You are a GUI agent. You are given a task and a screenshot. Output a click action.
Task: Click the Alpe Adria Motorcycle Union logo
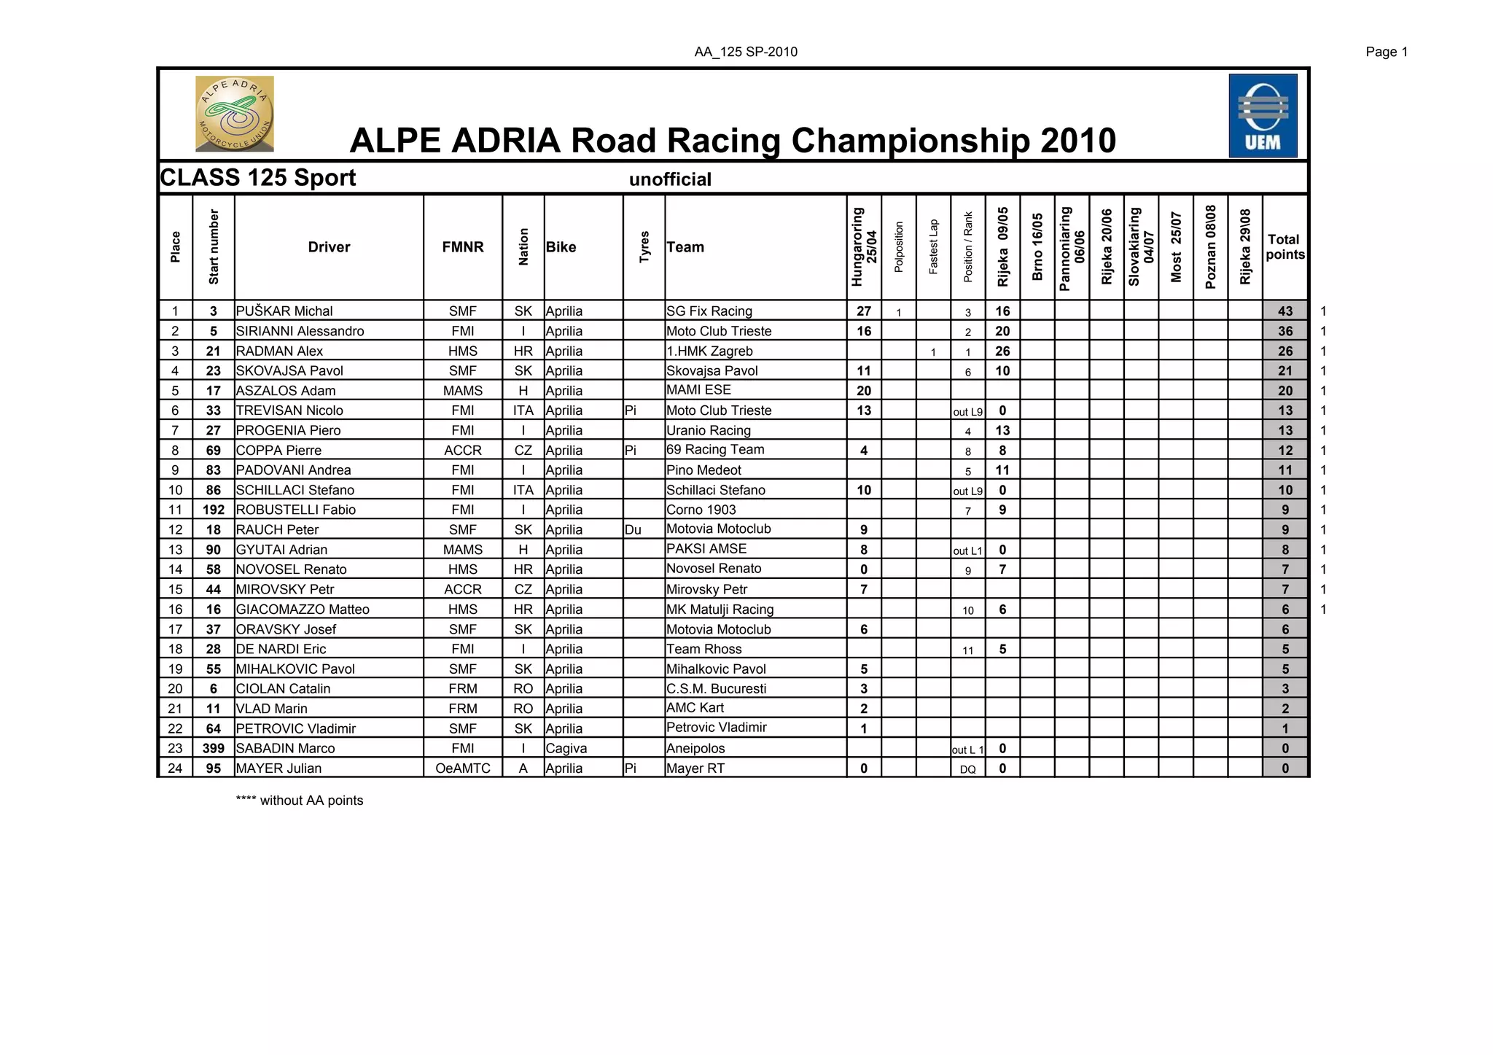[x=235, y=114]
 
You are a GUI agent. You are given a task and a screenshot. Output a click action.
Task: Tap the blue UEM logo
[x=1263, y=115]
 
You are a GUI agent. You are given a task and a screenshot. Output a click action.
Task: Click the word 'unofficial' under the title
[x=670, y=179]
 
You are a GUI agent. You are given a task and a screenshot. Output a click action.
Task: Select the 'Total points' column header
[x=1285, y=247]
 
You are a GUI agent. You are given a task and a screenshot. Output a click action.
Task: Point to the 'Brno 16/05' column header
[x=1037, y=247]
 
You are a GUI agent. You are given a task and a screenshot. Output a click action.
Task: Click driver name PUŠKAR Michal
[x=284, y=311]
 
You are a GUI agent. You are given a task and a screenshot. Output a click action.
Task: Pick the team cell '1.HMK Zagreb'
[x=709, y=351]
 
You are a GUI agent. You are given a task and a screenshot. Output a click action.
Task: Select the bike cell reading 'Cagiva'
[x=566, y=749]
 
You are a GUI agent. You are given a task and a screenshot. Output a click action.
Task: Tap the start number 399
[x=214, y=749]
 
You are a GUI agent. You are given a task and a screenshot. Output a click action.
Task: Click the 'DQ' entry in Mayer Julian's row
[x=967, y=769]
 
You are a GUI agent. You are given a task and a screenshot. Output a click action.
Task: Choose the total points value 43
[x=1285, y=311]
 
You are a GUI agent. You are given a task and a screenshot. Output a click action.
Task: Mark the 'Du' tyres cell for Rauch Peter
[x=633, y=530]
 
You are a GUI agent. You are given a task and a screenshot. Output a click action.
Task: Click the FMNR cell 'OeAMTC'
[x=462, y=768]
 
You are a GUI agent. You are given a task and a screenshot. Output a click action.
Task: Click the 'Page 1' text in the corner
[x=1387, y=52]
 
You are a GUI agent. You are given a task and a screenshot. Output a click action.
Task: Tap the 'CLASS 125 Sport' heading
[x=258, y=178]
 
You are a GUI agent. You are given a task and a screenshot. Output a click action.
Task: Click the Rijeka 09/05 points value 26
[x=1002, y=351]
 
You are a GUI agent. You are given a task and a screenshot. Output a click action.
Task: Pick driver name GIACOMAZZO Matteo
[x=303, y=610]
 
